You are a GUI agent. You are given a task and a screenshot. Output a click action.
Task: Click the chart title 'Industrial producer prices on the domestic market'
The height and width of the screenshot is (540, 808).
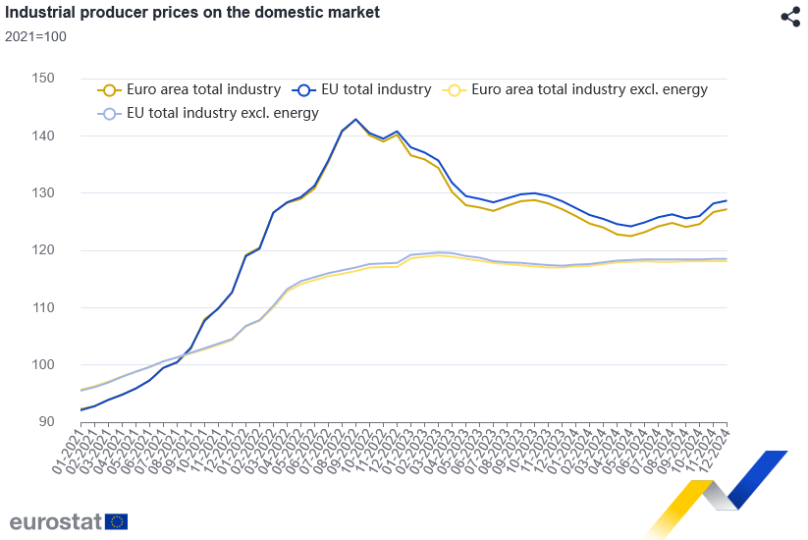(192, 14)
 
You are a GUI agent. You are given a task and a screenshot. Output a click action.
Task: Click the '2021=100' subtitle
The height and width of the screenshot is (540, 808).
(36, 36)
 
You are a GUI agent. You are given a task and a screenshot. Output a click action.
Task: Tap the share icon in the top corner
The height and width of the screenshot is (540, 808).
(790, 17)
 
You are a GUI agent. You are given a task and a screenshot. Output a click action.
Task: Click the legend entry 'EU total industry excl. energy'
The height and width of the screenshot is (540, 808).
(223, 113)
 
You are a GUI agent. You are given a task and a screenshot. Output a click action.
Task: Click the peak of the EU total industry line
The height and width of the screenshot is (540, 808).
(355, 119)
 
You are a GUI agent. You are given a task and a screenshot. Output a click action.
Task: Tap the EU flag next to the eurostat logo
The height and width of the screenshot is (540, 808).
(117, 521)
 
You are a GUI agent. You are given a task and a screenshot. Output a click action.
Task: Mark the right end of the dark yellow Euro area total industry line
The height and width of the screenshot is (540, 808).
(727, 209)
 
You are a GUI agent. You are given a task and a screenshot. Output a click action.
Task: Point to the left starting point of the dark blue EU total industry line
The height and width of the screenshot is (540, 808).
(81, 409)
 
